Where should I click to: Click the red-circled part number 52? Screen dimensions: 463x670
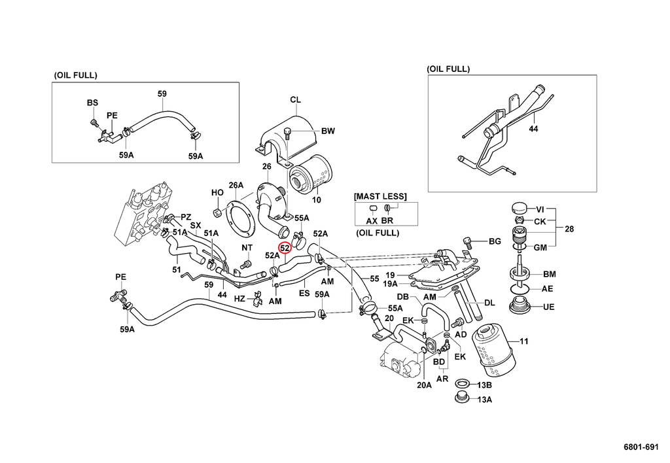[x=285, y=248]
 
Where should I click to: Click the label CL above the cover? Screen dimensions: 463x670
[x=295, y=100]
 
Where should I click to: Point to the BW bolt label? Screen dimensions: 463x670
[x=328, y=131]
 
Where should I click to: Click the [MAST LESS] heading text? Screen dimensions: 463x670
[x=380, y=196]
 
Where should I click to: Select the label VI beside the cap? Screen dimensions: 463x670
[x=540, y=209]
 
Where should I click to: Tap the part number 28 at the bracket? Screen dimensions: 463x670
[x=569, y=229]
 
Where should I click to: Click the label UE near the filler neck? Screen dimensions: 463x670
[x=548, y=307]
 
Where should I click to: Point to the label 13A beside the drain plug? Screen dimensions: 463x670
[x=484, y=399]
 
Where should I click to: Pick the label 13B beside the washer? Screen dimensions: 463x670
[x=484, y=385]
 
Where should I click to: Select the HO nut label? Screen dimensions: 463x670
[x=217, y=193]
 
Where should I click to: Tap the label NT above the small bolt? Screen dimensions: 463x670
[x=247, y=247]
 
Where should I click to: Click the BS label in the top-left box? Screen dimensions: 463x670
[x=92, y=103]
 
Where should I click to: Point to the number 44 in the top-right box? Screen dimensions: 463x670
[x=533, y=130]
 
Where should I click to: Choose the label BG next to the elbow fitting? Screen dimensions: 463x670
[x=495, y=241]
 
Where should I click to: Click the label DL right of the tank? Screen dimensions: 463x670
[x=489, y=303]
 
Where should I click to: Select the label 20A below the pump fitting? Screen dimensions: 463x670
[x=425, y=385]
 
